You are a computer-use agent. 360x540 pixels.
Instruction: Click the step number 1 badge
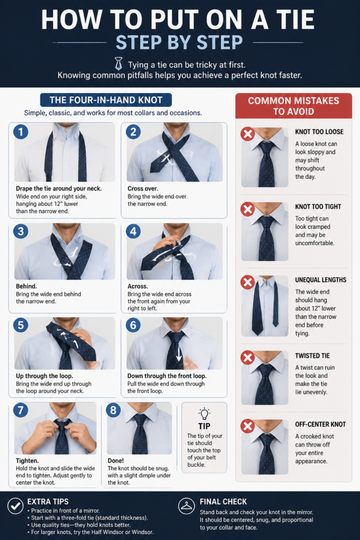pos(21,132)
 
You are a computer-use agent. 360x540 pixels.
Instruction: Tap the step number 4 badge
pos(133,231)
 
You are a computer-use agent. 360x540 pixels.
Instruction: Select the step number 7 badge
pos(21,410)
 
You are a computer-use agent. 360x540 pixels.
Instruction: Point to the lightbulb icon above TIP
pos(204,413)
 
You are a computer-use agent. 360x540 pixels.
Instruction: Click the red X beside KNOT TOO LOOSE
pos(247,134)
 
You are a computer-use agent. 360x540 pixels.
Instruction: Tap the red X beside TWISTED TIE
pos(247,358)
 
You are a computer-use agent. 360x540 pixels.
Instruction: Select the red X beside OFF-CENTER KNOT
pos(247,426)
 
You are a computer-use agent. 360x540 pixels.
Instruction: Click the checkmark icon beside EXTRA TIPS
pos(15,506)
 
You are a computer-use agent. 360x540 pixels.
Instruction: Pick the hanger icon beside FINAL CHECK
pos(187,506)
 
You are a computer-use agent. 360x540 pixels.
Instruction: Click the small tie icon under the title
pos(119,64)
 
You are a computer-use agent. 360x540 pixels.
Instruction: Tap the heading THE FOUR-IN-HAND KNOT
pos(106,100)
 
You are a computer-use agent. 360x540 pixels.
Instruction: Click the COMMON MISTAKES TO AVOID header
pos(294,105)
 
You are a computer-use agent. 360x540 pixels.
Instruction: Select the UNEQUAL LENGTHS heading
pos(321,280)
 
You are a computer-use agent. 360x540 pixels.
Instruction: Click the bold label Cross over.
pos(143,188)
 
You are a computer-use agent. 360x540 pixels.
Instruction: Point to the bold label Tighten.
pos(27,461)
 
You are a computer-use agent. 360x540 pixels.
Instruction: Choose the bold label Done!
pos(115,460)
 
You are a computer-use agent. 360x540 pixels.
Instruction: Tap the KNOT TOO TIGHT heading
pos(318,207)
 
